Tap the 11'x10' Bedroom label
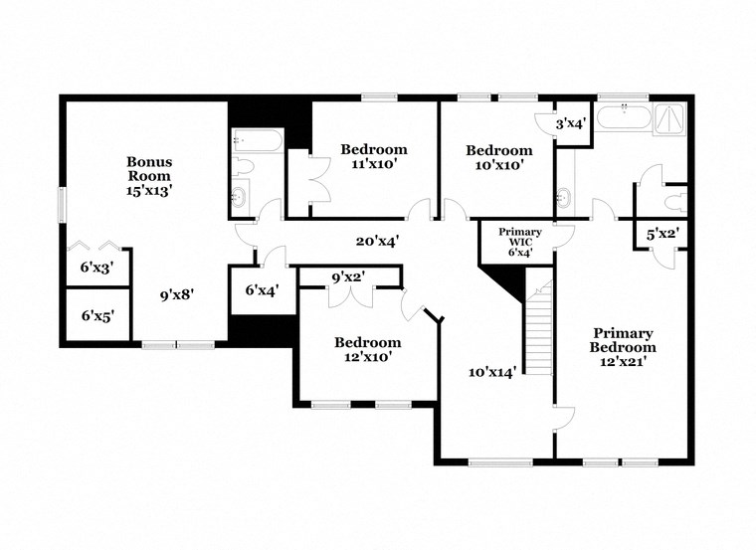[373, 157]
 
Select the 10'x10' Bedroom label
[498, 157]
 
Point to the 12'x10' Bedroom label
[367, 349]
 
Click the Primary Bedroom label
[624, 347]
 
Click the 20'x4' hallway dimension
[377, 240]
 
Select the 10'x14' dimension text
[492, 372]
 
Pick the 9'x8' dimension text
[177, 293]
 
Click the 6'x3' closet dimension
[96, 267]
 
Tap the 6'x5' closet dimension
[96, 315]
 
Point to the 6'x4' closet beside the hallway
[261, 290]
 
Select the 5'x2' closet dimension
[662, 236]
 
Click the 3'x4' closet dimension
[570, 123]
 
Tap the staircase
[537, 328]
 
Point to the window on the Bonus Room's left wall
[63, 206]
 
